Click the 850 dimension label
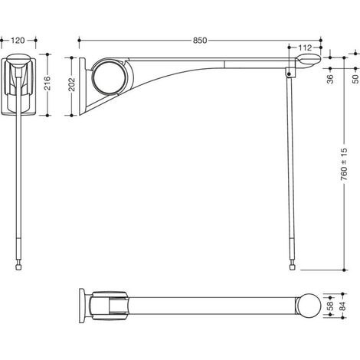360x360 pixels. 200,41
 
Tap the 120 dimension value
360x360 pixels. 18,41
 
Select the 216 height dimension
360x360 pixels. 47,83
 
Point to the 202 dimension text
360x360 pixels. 72,84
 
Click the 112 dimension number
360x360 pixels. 305,47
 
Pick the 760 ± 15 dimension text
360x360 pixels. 344,164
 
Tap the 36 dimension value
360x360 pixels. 330,79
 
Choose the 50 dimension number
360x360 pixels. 355,79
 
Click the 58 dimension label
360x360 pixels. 330,306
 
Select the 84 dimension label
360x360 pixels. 343,306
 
